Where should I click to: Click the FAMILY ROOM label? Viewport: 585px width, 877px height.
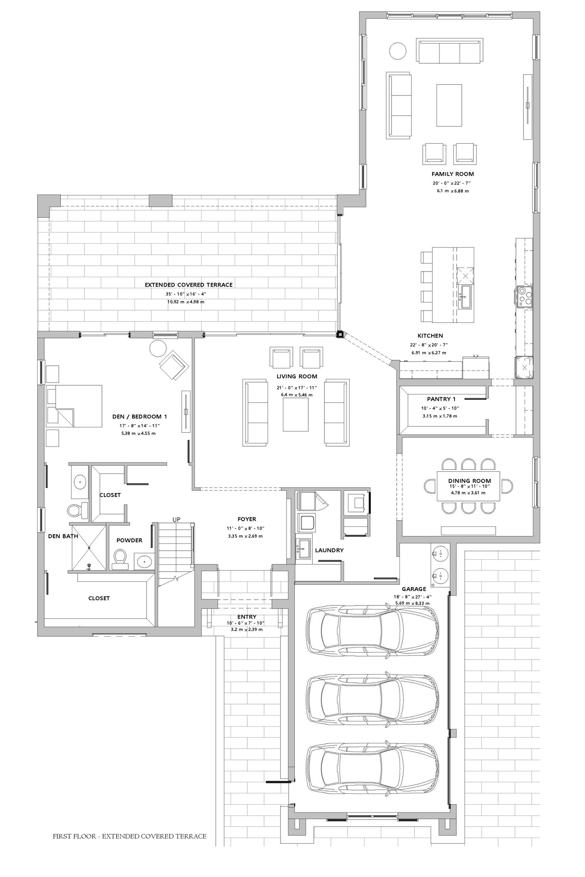(453, 174)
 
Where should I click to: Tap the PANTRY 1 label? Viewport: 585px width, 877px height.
(441, 399)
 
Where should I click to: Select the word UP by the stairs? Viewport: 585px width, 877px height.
(177, 519)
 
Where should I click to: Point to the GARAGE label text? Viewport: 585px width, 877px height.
(414, 589)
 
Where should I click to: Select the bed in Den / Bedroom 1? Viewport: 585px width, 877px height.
(74, 406)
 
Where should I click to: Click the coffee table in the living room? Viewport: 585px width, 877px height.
(296, 415)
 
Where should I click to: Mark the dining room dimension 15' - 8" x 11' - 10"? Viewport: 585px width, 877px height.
(469, 486)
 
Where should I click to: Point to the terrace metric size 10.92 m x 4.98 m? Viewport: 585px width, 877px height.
(186, 302)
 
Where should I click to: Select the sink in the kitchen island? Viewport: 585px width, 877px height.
(465, 297)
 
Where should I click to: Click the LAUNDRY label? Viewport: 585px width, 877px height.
(329, 550)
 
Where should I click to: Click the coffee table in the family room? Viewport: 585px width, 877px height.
(449, 105)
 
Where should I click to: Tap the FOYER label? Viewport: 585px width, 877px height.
(247, 519)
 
